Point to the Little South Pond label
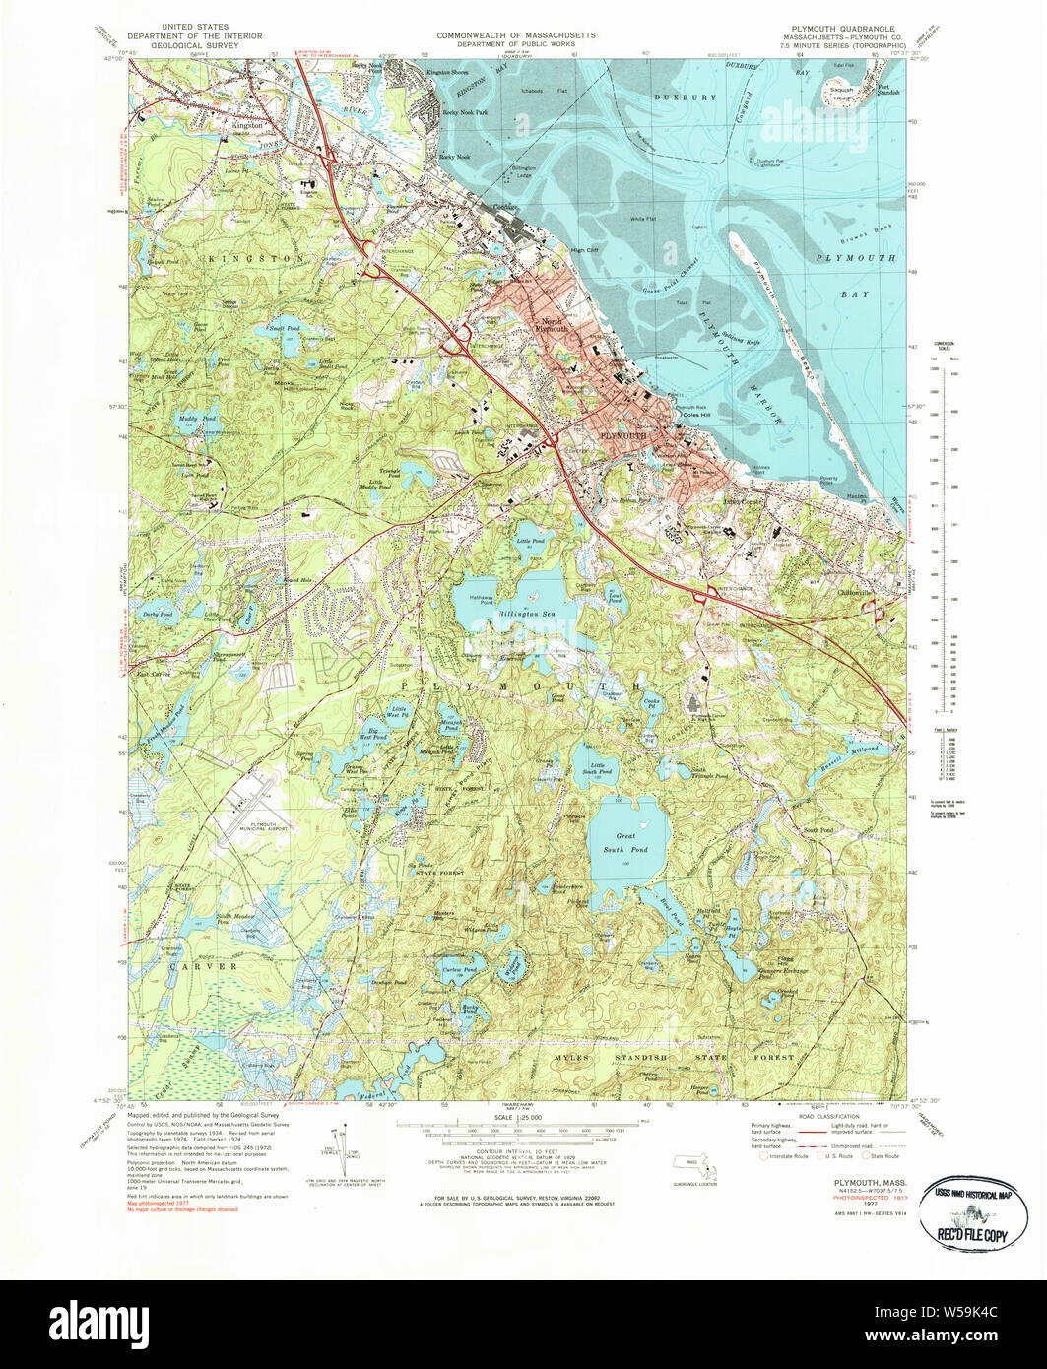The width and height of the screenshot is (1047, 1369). (x=598, y=768)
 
